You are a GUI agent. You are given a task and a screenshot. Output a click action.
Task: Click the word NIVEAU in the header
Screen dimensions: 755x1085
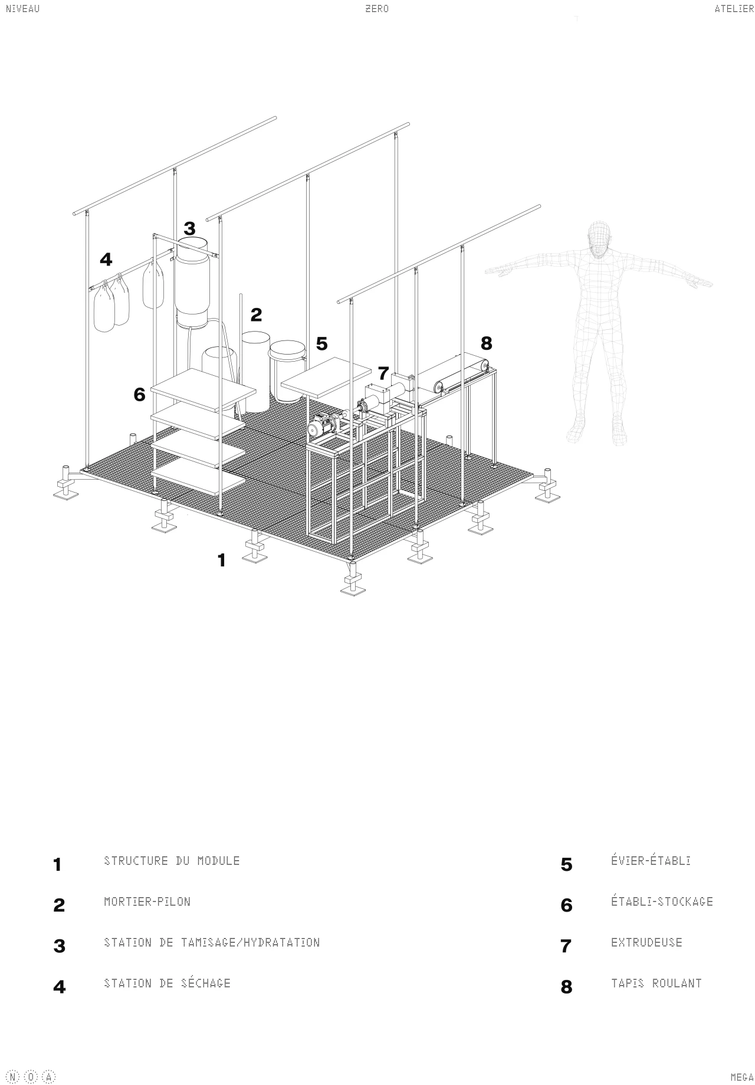pos(22,9)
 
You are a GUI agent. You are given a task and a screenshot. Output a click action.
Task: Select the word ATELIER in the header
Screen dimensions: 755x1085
pos(734,9)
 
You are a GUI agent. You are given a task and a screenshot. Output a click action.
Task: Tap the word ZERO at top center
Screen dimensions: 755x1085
pos(377,9)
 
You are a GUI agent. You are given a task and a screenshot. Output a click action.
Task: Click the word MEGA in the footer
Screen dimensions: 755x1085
pos(742,1077)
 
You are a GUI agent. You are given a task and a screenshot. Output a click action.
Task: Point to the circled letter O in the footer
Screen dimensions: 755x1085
pos(31,1077)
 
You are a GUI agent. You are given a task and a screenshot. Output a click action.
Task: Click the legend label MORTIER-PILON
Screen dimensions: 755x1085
pos(147,902)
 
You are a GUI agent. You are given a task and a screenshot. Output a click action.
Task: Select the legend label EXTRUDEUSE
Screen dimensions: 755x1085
pos(646,942)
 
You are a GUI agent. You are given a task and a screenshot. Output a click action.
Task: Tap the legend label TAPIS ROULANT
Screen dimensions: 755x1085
pos(656,983)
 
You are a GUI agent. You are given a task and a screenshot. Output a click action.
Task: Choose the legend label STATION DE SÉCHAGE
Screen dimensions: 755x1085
pos(167,982)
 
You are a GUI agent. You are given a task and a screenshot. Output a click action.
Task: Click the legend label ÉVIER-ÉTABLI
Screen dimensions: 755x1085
pos(651,860)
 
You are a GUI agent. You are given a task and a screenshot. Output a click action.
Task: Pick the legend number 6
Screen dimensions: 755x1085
pos(566,905)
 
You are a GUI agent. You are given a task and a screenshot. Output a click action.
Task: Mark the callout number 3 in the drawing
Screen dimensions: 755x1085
pos(189,228)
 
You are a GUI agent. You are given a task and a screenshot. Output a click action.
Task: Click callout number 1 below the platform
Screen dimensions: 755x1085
pos(222,560)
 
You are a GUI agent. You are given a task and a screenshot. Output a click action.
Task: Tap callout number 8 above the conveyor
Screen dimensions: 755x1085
pos(486,343)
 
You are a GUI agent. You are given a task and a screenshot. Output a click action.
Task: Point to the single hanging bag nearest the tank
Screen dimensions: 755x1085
pos(153,286)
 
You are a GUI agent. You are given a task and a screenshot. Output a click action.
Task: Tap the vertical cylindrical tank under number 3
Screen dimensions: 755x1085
pos(192,283)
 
